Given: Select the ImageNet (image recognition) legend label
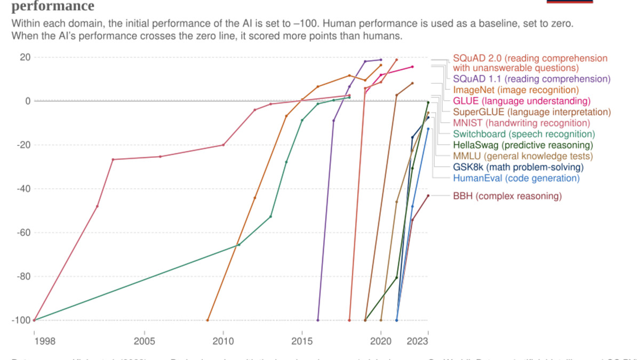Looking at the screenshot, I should (x=516, y=90).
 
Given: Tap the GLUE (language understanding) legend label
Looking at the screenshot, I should (x=522, y=101).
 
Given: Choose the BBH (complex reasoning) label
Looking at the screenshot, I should (x=507, y=196).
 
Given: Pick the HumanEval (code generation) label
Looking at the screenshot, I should (x=516, y=178).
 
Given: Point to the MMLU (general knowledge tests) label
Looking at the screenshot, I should (x=523, y=156).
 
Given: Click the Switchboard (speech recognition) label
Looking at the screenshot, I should (x=524, y=134).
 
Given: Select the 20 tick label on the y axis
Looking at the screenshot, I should (x=25, y=57).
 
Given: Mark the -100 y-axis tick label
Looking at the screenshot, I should (x=19, y=321).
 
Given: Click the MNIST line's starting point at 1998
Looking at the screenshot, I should (x=34, y=321).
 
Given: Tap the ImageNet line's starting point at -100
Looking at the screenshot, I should (x=207, y=321).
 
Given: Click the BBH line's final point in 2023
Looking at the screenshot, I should (x=428, y=196).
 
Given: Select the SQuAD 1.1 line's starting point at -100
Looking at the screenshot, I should (x=318, y=321).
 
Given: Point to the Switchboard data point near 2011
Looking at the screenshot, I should (x=238, y=245).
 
